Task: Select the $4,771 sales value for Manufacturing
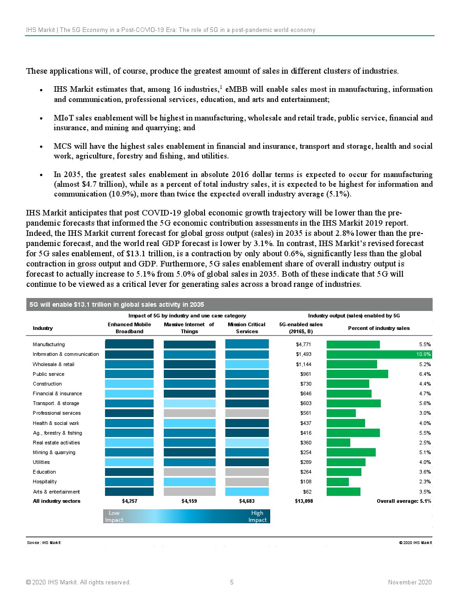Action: (304, 345)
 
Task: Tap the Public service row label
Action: (49, 374)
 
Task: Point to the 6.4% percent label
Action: (425, 374)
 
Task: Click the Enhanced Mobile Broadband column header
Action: (130, 328)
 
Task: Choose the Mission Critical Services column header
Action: (247, 328)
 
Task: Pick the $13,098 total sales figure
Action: (304, 501)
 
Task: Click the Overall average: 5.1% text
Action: (403, 501)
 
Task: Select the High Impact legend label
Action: (257, 516)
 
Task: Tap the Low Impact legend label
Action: (114, 516)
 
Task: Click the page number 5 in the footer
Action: (232, 583)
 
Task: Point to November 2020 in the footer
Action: (409, 583)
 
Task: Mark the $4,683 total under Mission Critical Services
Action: (247, 501)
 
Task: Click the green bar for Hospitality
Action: (338, 482)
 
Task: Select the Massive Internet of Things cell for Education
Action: (190, 472)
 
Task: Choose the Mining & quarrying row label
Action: (54, 452)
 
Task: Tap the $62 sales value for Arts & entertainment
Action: (307, 492)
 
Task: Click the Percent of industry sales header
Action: (378, 328)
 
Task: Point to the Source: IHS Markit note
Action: (44, 543)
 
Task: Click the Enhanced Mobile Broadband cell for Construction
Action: (130, 384)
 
